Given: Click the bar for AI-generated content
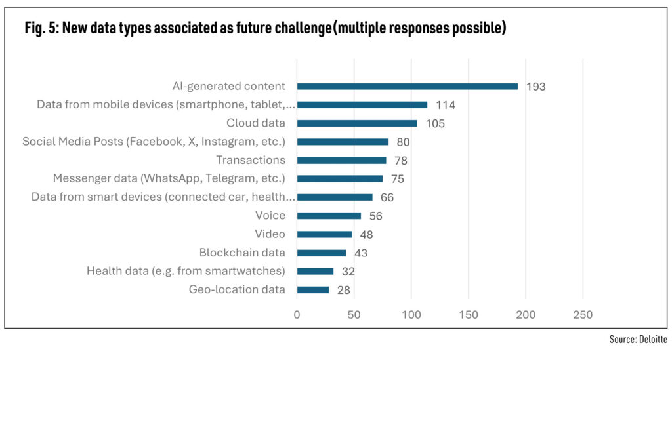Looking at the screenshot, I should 407,86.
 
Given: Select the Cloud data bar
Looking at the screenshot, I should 356,123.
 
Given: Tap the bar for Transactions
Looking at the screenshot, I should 341,160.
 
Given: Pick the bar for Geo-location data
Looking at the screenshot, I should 312,289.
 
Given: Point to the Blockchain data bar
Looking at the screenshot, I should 321,253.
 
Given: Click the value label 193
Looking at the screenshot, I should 535,87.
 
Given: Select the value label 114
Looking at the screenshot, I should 446,105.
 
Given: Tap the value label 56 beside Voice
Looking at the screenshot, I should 375,216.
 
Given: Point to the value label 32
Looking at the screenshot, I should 348,271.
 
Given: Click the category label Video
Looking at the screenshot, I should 270,234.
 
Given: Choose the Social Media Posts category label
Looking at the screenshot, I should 154,142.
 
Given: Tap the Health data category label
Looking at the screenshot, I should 186,271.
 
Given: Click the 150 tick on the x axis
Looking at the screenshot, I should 469,315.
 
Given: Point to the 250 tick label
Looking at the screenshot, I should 583,315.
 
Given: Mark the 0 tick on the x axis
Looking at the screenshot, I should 297,315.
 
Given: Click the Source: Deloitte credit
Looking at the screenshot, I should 638,339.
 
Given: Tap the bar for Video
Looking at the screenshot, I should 324,234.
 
